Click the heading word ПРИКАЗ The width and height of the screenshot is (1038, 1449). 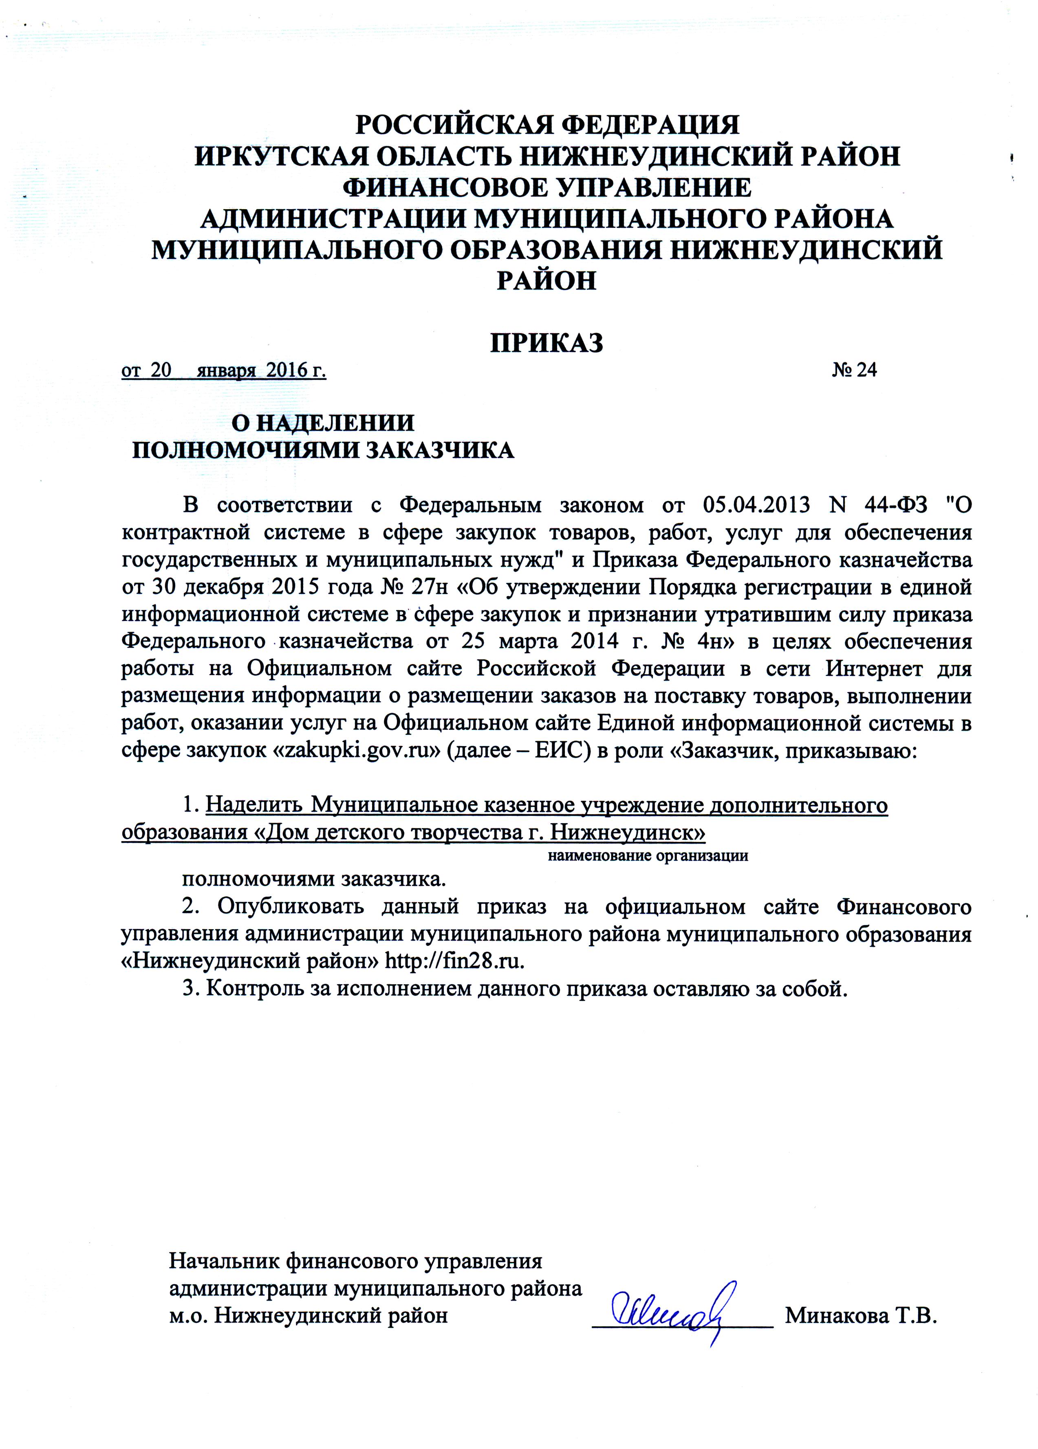(x=546, y=343)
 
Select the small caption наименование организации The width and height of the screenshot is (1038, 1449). (x=648, y=855)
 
